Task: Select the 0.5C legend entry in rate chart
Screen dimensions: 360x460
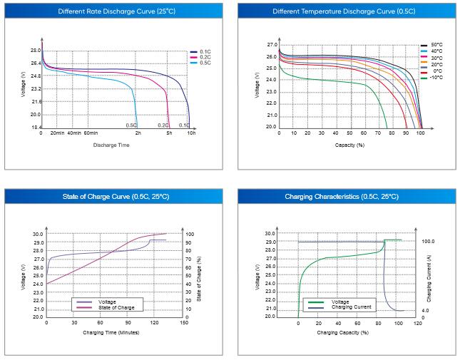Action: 205,63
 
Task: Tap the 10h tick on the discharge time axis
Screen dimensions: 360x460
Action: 192,133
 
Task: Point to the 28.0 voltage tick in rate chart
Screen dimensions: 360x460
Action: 35,51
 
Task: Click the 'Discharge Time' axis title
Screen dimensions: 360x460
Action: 111,145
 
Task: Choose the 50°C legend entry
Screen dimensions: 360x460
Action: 435,44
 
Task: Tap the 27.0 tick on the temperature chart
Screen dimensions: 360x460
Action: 271,45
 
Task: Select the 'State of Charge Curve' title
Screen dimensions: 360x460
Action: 114,196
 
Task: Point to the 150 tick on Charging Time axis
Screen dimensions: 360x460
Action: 184,323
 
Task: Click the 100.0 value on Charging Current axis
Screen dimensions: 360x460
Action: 428,242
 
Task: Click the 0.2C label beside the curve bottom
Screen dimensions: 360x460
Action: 163,125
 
